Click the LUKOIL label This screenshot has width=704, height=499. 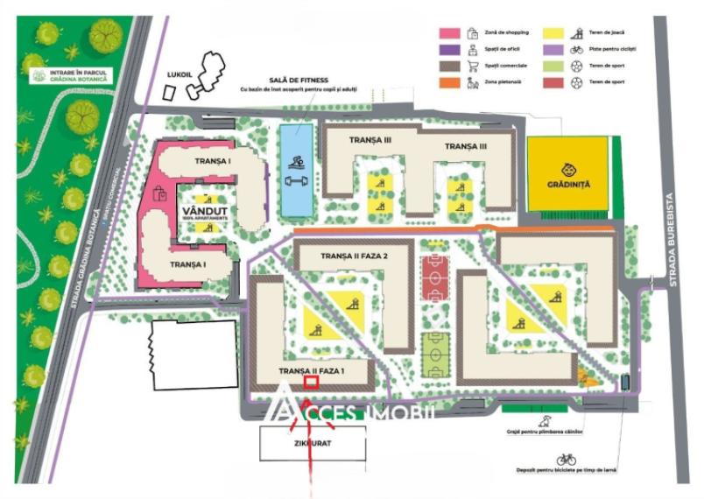(x=180, y=74)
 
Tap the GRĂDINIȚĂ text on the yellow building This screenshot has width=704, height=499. (x=569, y=184)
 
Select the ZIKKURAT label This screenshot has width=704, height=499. (x=313, y=443)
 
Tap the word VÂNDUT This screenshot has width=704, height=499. (x=205, y=211)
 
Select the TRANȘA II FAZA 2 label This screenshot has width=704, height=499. (x=354, y=256)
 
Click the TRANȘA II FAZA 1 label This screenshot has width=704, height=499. (x=313, y=371)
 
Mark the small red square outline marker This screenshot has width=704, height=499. (x=310, y=381)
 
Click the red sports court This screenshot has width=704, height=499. (x=433, y=278)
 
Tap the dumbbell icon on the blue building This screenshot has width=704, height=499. (x=295, y=182)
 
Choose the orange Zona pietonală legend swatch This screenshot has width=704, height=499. (x=449, y=81)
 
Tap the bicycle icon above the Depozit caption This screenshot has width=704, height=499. (x=567, y=459)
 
